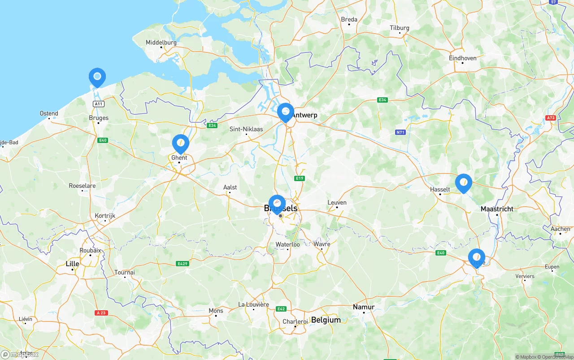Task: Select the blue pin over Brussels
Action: click(x=277, y=204)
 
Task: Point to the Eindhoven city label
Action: click(x=462, y=58)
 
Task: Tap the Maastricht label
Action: click(x=496, y=209)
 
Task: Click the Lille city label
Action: click(x=72, y=264)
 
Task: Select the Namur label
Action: click(x=363, y=307)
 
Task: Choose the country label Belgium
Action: click(x=326, y=320)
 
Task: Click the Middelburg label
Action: click(x=161, y=43)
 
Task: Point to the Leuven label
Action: click(x=337, y=202)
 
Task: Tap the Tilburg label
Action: click(x=399, y=28)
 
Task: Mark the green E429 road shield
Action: click(x=182, y=264)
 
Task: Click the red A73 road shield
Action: click(x=551, y=118)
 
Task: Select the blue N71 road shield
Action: click(x=400, y=132)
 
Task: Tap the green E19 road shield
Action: click(x=300, y=178)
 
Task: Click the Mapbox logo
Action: click(x=20, y=355)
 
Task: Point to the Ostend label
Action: click(x=49, y=113)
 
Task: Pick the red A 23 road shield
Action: click(x=101, y=312)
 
